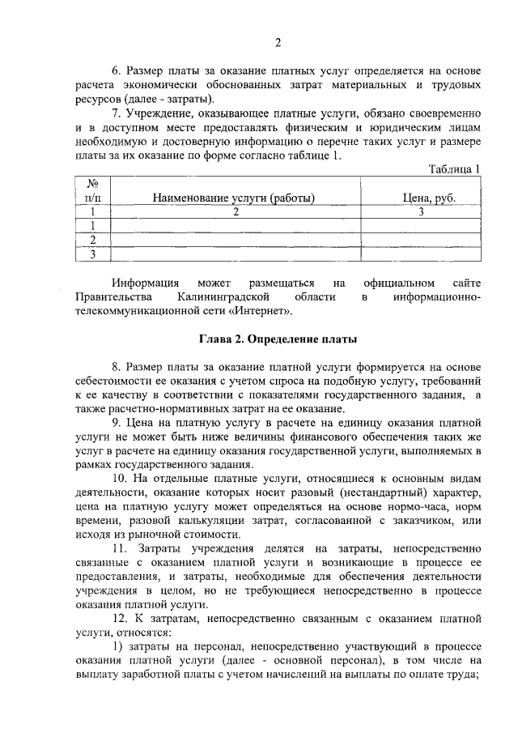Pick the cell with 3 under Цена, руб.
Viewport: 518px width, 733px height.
(x=421, y=212)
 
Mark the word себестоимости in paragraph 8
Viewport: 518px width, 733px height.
(x=117, y=380)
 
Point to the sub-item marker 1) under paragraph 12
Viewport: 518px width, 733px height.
(x=117, y=646)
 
